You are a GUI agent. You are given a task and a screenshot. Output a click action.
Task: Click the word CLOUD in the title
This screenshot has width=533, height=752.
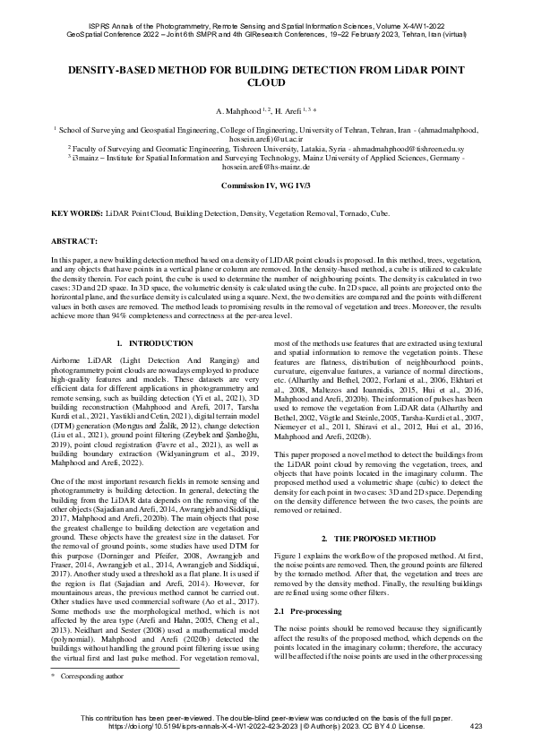[x=266, y=82]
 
